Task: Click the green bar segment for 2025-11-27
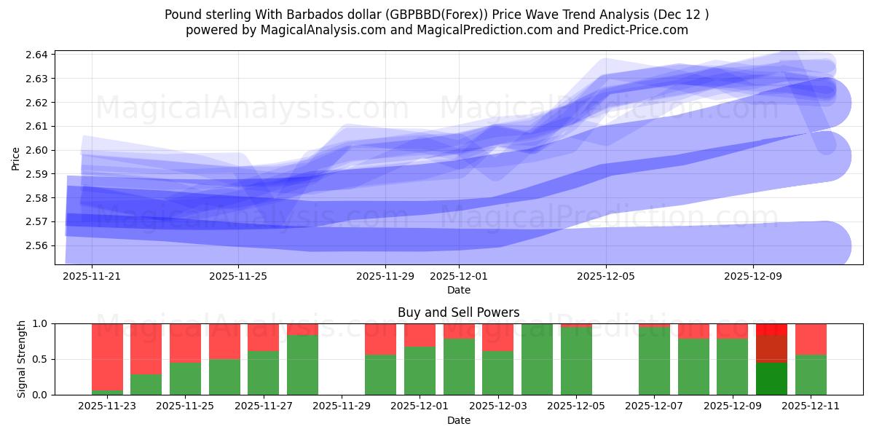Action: [263, 373]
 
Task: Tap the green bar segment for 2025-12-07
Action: [654, 361]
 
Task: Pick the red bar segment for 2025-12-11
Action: [811, 339]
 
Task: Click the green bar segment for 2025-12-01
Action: [420, 371]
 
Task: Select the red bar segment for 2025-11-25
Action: [185, 342]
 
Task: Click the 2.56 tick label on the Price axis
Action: [37, 245]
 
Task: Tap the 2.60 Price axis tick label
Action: [37, 150]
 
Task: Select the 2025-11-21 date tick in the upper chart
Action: [92, 277]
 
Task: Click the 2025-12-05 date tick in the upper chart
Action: [606, 277]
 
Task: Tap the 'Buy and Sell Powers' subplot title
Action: [459, 312]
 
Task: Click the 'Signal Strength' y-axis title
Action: [22, 358]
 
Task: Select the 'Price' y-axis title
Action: [16, 157]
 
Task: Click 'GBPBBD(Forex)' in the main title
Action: [447, 15]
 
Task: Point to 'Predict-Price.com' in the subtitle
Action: [634, 30]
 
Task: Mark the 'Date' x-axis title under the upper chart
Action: [459, 290]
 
